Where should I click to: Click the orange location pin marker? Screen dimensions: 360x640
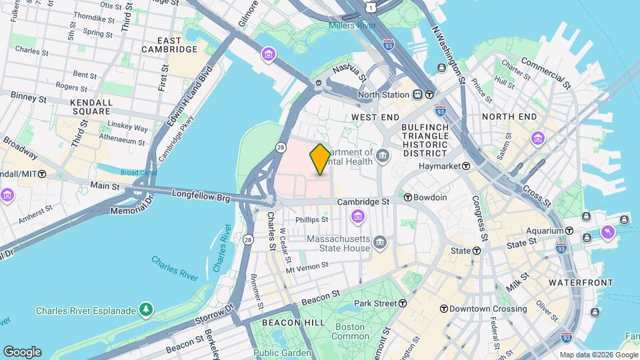(320, 159)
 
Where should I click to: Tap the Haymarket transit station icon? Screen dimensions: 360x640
(465, 166)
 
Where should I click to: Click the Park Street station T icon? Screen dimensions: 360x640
(403, 303)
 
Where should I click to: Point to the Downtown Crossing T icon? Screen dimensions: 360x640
(443, 309)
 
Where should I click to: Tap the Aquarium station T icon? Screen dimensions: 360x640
(569, 231)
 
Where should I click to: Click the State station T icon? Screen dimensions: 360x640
(477, 251)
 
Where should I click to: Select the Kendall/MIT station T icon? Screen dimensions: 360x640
(42, 173)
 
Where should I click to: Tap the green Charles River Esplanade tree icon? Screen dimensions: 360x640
(145, 309)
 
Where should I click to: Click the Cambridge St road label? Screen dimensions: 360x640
(363, 201)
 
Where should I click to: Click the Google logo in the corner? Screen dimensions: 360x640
(22, 351)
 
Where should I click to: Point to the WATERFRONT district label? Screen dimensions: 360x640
(580, 283)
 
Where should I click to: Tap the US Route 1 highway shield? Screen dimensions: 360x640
(370, 7)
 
